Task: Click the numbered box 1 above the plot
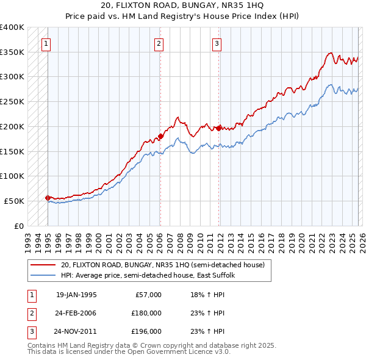click(46, 43)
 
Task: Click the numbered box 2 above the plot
click(159, 43)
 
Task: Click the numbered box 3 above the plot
click(217, 43)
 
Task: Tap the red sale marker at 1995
click(48, 198)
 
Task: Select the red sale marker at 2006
click(160, 136)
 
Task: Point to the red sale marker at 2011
click(218, 128)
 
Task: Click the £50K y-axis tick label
click(14, 201)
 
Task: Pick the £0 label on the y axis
click(18, 226)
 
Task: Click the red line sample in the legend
click(43, 265)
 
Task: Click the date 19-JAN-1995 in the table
click(76, 295)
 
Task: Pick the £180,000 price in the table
click(146, 313)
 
